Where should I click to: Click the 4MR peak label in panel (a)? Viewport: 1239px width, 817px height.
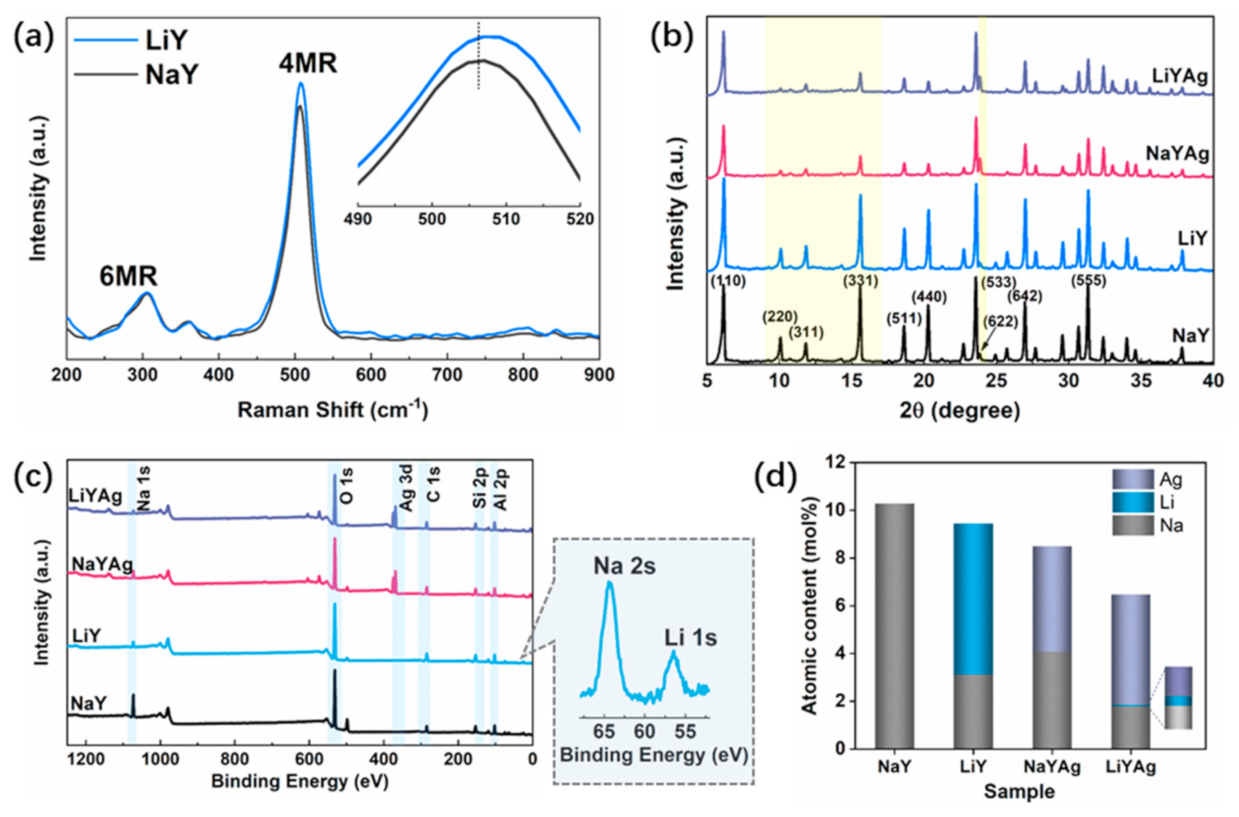pyautogui.click(x=308, y=64)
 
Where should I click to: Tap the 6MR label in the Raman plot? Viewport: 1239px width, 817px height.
pyautogui.click(x=128, y=276)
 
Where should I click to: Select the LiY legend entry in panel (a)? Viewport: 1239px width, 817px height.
pyautogui.click(x=166, y=41)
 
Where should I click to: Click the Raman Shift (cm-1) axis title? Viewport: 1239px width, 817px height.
pyautogui.click(x=333, y=410)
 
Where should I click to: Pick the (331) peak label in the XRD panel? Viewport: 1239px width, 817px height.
pyautogui.click(x=860, y=281)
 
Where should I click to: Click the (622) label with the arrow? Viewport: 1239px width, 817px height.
pyautogui.click(x=1000, y=321)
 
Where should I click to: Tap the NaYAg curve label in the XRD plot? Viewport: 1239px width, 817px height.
pyautogui.click(x=1177, y=154)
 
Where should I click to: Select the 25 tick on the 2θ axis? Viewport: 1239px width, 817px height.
pyautogui.click(x=996, y=381)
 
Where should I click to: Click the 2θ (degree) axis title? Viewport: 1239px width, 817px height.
pyautogui.click(x=959, y=410)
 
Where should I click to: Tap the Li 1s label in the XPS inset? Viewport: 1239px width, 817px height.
pyautogui.click(x=690, y=637)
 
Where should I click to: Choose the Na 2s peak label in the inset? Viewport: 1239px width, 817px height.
pyautogui.click(x=624, y=566)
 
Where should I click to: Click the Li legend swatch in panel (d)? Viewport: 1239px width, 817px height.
pyautogui.click(x=1132, y=502)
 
